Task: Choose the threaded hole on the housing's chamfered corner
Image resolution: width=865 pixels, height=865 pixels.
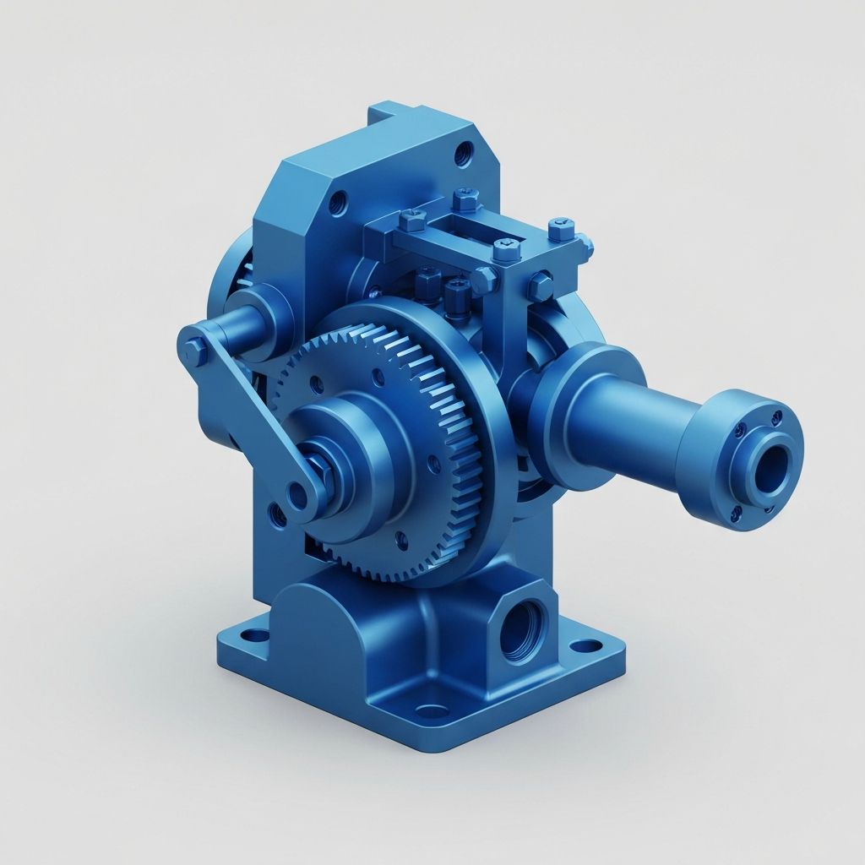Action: click(x=339, y=202)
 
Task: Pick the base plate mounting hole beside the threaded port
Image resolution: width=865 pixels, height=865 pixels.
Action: click(x=581, y=648)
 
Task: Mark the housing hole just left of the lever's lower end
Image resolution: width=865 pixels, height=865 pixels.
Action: click(x=273, y=511)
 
